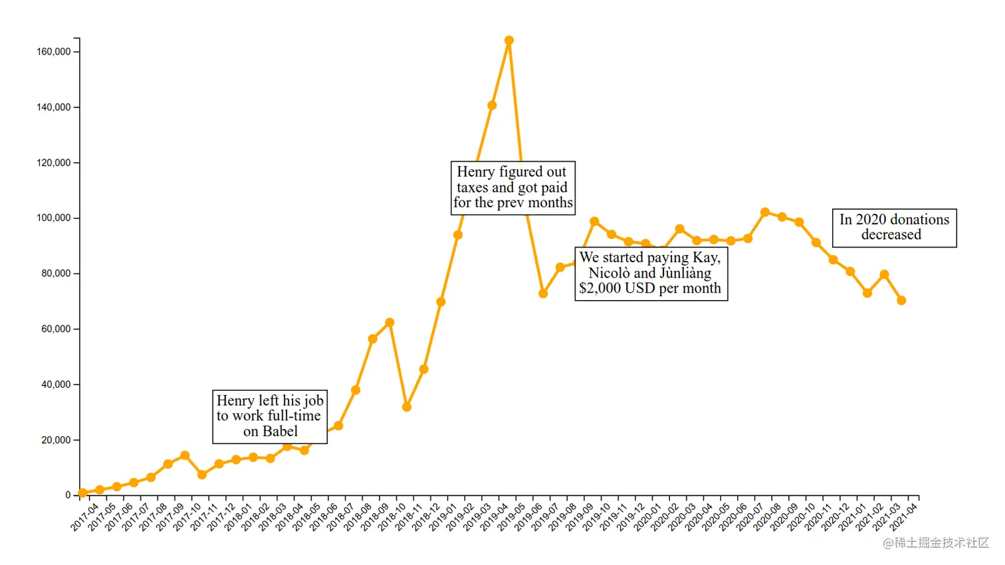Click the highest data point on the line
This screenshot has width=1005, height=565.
coord(508,40)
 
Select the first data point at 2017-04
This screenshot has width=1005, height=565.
coord(82,493)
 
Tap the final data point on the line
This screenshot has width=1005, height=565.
coord(901,300)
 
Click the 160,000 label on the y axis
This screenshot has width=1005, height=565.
coord(53,52)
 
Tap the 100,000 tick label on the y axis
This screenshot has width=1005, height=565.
coord(53,218)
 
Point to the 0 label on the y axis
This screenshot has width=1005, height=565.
coord(68,495)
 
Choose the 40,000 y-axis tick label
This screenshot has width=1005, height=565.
coord(56,384)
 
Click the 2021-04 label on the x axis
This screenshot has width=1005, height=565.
coord(904,517)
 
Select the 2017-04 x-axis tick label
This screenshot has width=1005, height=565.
coord(85,517)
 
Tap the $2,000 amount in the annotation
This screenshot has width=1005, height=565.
coord(600,288)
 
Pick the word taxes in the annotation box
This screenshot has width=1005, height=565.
coord(472,187)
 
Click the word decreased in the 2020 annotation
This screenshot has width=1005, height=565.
coord(891,234)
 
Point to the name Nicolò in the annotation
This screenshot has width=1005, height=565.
coord(609,273)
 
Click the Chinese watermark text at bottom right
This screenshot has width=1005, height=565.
coord(936,542)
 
